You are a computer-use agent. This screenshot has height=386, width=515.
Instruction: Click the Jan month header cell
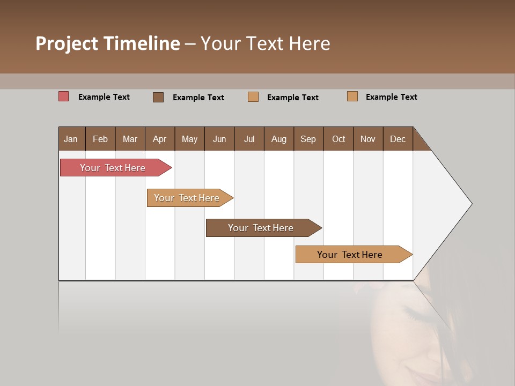click(x=71, y=139)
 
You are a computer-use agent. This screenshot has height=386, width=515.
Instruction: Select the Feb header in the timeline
click(x=100, y=139)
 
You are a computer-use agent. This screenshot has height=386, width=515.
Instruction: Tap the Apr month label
click(x=159, y=139)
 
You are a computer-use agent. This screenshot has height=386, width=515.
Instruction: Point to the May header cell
click(x=189, y=139)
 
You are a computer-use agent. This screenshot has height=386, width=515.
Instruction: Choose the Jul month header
click(x=249, y=139)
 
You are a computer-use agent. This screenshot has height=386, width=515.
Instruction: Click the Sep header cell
click(x=308, y=139)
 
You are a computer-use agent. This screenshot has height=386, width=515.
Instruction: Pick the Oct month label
click(x=338, y=139)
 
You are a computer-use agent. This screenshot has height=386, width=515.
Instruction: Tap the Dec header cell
click(x=398, y=139)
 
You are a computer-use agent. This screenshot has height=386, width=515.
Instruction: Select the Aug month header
click(x=278, y=139)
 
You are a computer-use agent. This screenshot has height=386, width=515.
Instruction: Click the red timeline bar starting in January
click(x=113, y=168)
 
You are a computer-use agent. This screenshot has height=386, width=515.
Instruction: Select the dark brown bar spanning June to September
click(x=261, y=228)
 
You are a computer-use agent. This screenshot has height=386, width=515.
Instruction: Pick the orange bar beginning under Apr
click(x=187, y=198)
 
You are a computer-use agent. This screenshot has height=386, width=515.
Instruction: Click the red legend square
click(x=64, y=96)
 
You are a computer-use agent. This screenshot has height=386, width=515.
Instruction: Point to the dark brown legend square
click(x=158, y=97)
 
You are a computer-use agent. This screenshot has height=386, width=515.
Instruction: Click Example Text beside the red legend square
click(x=104, y=97)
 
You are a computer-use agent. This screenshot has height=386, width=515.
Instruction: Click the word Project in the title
click(x=67, y=43)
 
